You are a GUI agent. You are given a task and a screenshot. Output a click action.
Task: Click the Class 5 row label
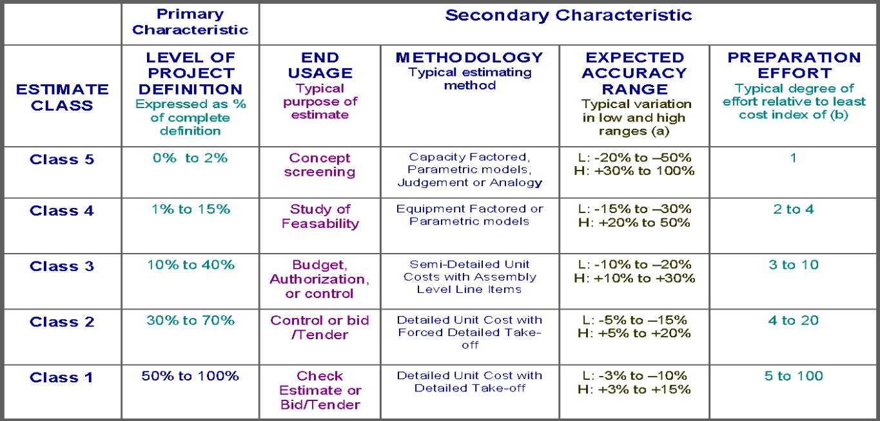[x=62, y=160]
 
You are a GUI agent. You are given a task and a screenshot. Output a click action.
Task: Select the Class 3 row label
[x=62, y=267]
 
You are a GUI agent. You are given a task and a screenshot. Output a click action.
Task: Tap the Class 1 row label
[x=62, y=377]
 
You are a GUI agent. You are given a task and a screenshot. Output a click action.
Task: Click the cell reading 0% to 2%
[x=190, y=158]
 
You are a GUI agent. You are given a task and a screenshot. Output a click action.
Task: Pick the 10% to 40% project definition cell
[x=190, y=265]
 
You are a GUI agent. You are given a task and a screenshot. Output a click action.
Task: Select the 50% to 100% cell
[x=190, y=376]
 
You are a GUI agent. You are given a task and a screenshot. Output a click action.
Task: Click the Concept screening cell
[x=320, y=165]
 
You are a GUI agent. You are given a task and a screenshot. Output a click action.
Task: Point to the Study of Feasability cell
[x=320, y=216]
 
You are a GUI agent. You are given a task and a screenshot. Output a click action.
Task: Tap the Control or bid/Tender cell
[x=320, y=328]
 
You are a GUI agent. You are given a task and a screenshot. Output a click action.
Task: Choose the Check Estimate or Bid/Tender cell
[x=320, y=390]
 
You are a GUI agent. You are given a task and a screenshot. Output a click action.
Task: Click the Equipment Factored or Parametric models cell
[x=470, y=215]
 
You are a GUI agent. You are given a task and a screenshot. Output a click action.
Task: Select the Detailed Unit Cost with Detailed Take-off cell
[x=470, y=382]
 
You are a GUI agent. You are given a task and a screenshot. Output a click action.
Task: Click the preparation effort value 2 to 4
[x=794, y=209]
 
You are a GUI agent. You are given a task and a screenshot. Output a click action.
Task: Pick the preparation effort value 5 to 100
[x=794, y=376]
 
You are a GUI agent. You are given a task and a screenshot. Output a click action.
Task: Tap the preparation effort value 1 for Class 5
[x=794, y=158]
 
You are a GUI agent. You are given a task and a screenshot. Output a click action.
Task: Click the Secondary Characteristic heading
[x=568, y=15]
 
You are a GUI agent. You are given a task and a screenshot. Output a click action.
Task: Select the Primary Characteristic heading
[x=190, y=23]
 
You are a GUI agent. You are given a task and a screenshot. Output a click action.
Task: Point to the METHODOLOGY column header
[x=470, y=58]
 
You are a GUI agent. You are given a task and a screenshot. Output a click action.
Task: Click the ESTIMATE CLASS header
[x=62, y=97]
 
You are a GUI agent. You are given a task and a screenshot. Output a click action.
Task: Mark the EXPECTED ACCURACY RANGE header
[x=634, y=73]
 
